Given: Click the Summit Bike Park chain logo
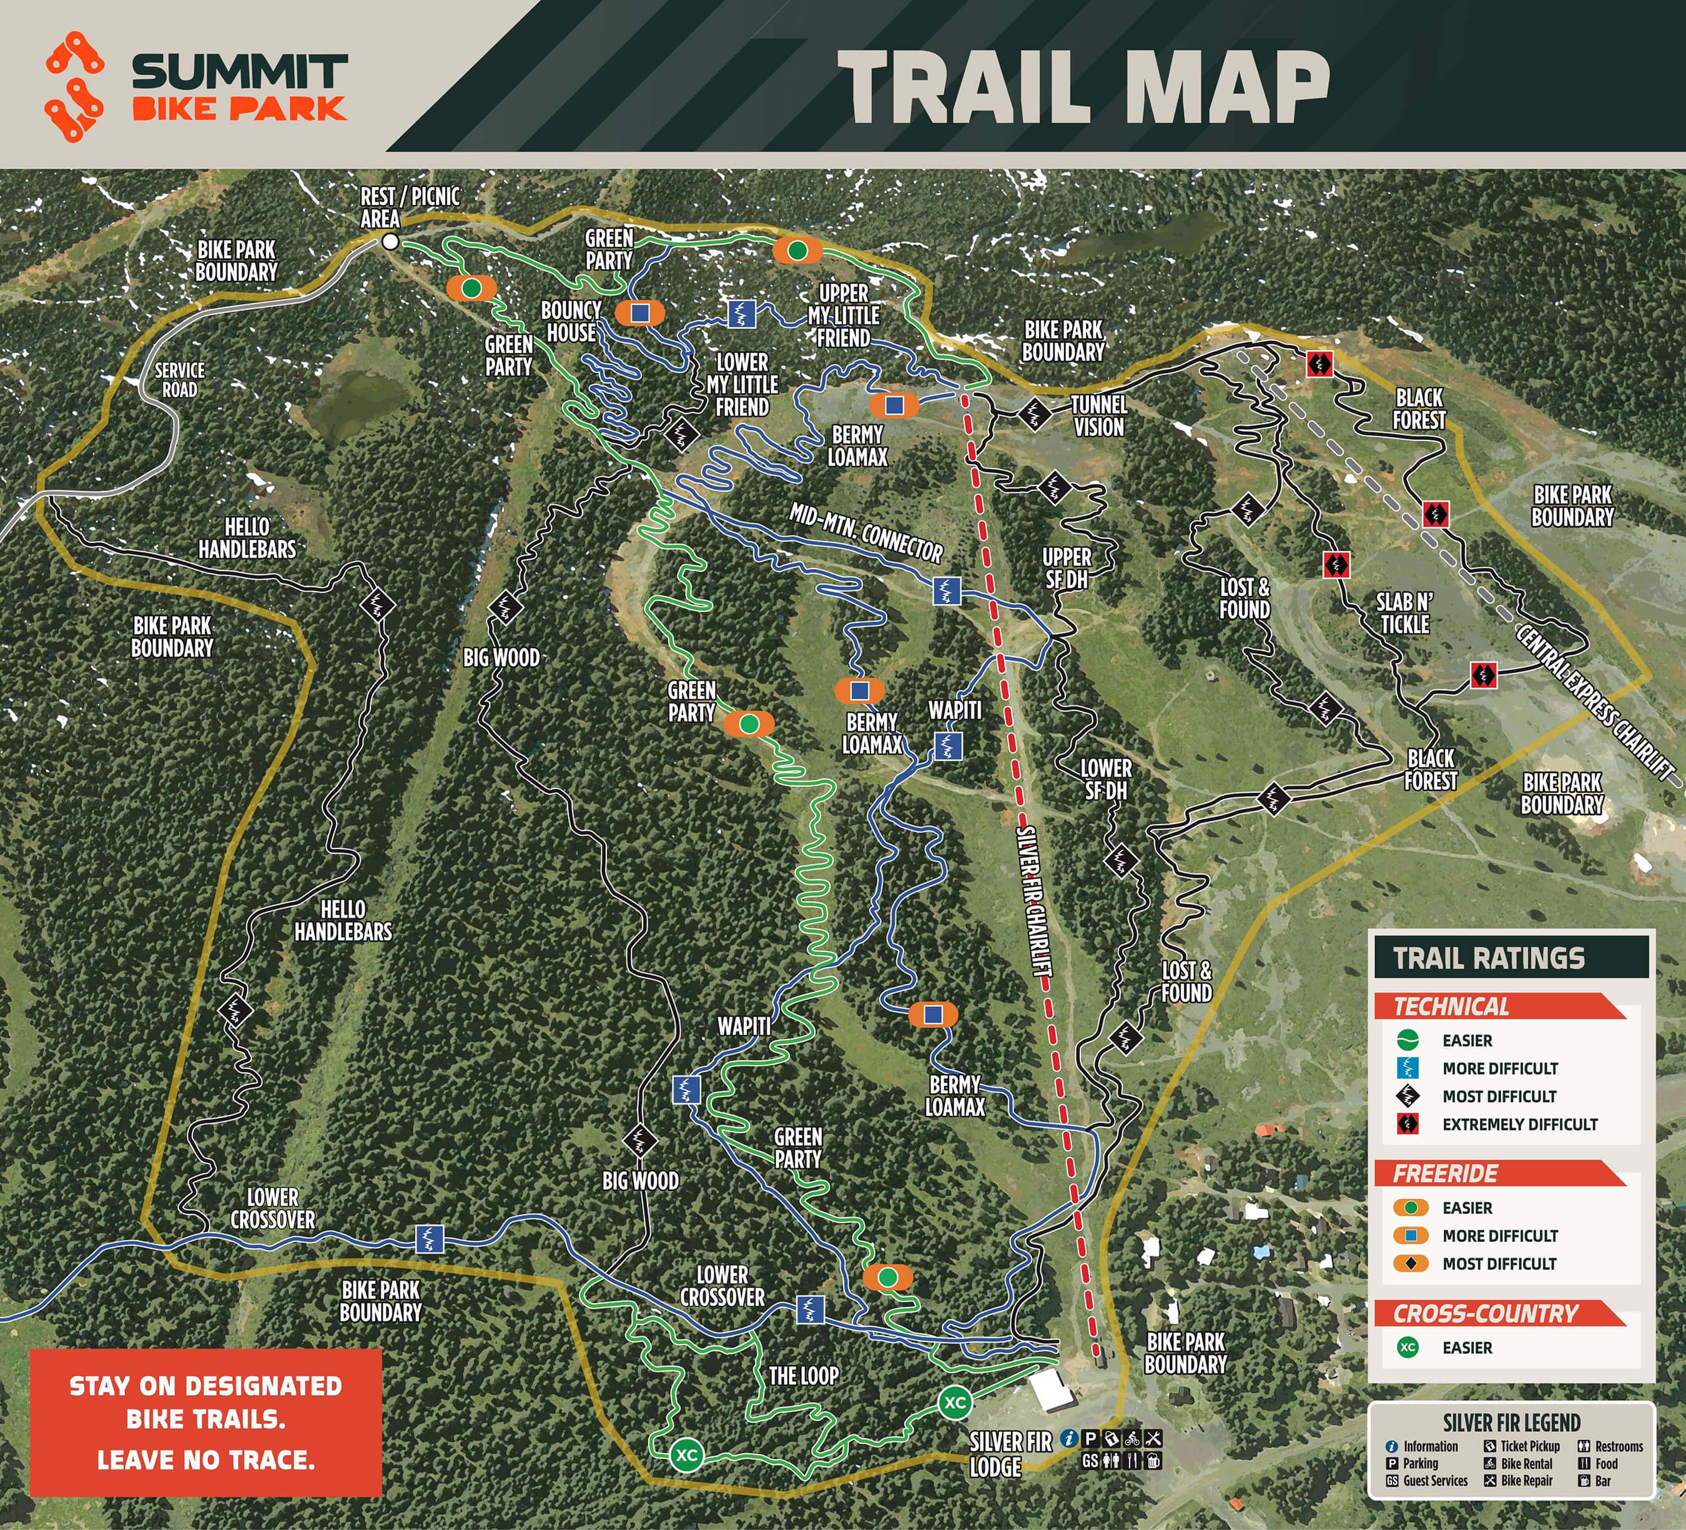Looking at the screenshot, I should click(74, 86).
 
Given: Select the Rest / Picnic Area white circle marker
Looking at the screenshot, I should click(390, 242).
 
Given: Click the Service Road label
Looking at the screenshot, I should click(180, 380).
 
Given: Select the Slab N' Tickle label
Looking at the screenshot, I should click(1404, 613).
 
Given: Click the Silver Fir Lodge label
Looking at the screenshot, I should click(1010, 1454).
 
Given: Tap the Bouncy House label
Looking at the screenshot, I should click(571, 321).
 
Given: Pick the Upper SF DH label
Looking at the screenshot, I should click(1067, 568).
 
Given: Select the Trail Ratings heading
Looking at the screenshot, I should click(1489, 958).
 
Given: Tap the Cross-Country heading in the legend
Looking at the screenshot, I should click(1486, 1313).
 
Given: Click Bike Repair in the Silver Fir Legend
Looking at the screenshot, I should click(1526, 1481).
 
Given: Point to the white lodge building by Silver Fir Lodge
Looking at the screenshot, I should click(1045, 1389).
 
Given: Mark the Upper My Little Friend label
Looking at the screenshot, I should click(843, 315).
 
